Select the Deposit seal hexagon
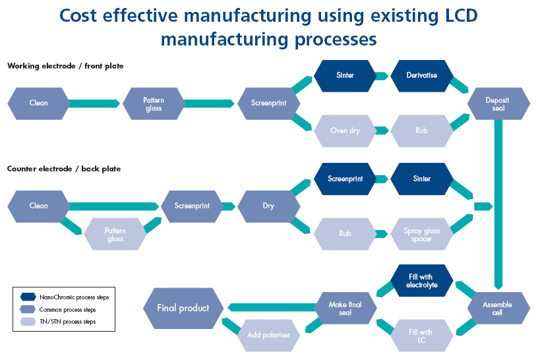[x=498, y=104]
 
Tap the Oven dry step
[x=345, y=131]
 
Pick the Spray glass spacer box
[x=422, y=234]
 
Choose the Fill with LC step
[x=422, y=336]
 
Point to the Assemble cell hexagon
[x=498, y=309]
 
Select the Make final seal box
[x=345, y=309]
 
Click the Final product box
[x=183, y=308]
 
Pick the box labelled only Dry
[x=268, y=206]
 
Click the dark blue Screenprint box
[x=345, y=179]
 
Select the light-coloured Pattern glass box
[x=115, y=234]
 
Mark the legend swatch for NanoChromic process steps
[x=28, y=297]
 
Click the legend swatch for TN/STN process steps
[x=28, y=322]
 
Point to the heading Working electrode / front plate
[x=65, y=66]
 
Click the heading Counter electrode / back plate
[x=64, y=169]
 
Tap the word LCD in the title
[x=458, y=15]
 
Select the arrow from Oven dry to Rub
[x=382, y=131]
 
